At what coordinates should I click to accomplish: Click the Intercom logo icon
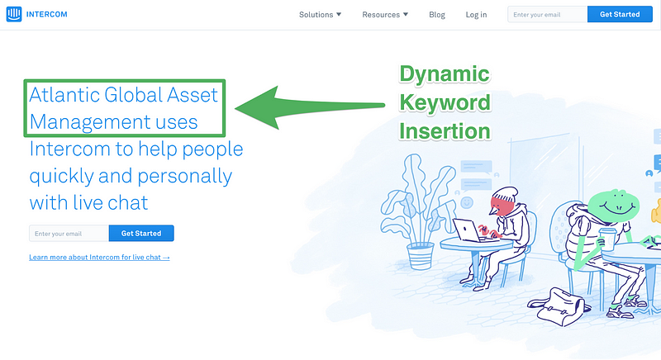coord(13,14)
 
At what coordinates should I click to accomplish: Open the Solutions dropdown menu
coord(320,15)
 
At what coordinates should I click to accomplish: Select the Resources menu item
coord(385,15)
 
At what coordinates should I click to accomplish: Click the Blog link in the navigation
coord(437,15)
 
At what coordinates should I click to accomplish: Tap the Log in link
coord(476,15)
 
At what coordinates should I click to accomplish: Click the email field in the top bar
coord(547,14)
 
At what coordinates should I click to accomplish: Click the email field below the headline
coord(69,234)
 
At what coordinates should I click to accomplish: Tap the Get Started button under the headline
coord(141,234)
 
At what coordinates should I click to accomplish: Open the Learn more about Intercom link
coord(99,258)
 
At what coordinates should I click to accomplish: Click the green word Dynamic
coord(445,74)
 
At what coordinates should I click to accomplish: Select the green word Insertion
coord(445,131)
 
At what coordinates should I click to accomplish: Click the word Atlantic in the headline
coord(64,95)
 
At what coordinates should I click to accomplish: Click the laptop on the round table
coord(467,230)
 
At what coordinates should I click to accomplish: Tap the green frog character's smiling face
coord(614,205)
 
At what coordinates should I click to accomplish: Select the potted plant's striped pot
coord(421,256)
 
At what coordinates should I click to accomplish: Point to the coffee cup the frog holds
coord(607,239)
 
